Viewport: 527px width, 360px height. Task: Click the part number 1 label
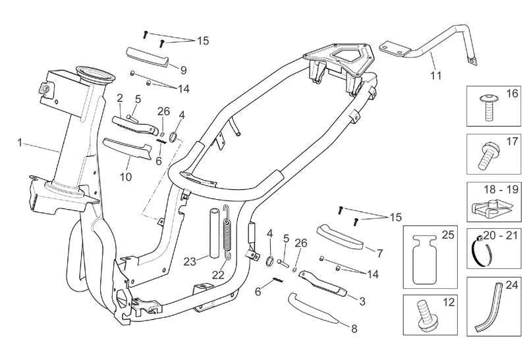pos(20,142)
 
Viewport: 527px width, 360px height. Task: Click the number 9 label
pos(183,70)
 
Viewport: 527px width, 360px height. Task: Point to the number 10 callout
pos(125,177)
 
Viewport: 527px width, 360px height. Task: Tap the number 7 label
pos(379,253)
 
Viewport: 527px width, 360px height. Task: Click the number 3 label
pos(362,301)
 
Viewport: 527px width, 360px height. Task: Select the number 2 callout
pos(120,98)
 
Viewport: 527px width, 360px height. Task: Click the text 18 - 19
pos(495,189)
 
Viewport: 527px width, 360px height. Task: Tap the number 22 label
pos(218,274)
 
